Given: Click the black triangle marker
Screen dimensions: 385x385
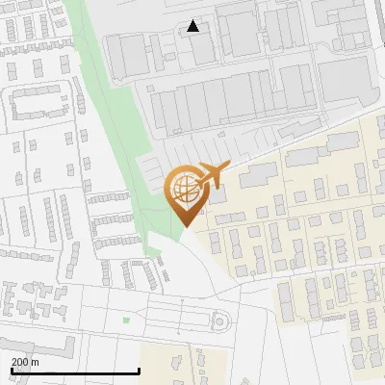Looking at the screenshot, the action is click(193, 26).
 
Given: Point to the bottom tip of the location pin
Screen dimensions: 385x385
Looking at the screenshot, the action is click(184, 225).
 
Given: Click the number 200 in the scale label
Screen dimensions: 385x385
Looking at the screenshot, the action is click(20, 362).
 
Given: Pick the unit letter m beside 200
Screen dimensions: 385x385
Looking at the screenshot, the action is click(35, 362).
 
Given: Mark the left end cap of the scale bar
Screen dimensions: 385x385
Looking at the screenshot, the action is click(12, 370).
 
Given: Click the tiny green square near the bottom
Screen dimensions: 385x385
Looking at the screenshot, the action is click(126, 320).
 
